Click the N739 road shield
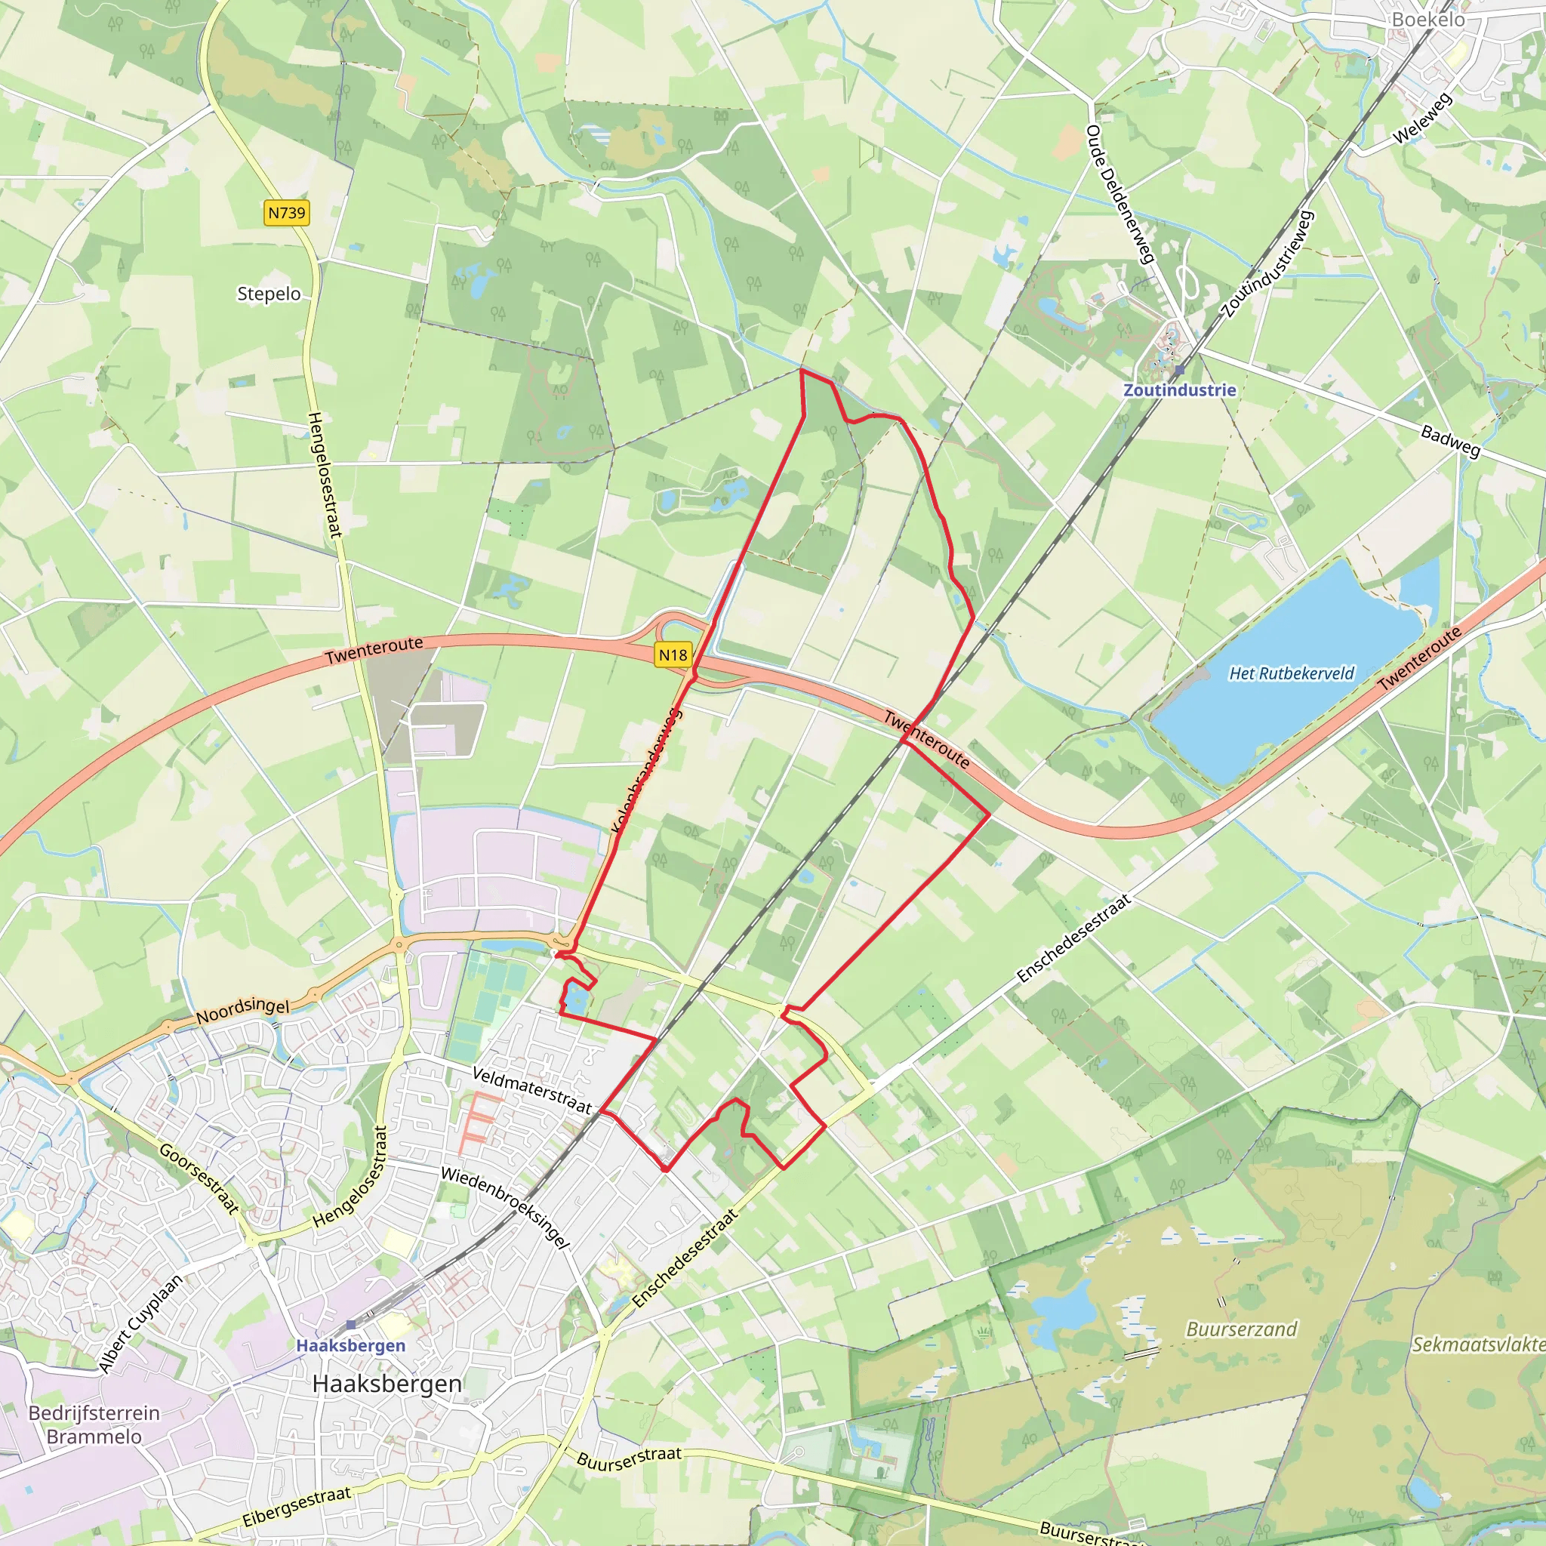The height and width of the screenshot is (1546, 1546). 286,213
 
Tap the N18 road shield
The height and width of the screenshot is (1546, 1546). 672,655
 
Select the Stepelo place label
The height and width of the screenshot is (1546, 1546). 269,294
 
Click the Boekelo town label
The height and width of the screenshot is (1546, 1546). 1428,19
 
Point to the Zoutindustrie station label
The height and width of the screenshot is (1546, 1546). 1180,390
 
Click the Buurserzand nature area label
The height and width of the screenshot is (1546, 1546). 1241,1329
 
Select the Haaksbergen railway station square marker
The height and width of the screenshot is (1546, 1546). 350,1324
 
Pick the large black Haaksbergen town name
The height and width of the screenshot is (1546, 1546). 387,1384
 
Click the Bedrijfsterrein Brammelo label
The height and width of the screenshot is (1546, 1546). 94,1424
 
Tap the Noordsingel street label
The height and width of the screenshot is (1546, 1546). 242,1011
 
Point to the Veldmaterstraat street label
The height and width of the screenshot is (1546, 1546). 532,1090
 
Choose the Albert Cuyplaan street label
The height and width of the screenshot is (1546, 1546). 141,1323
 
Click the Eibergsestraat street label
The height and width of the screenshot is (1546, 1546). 296,1506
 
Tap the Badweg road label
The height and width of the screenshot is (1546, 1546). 1450,440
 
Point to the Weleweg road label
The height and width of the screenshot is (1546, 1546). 1422,119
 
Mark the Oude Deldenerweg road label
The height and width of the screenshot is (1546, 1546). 1119,194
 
